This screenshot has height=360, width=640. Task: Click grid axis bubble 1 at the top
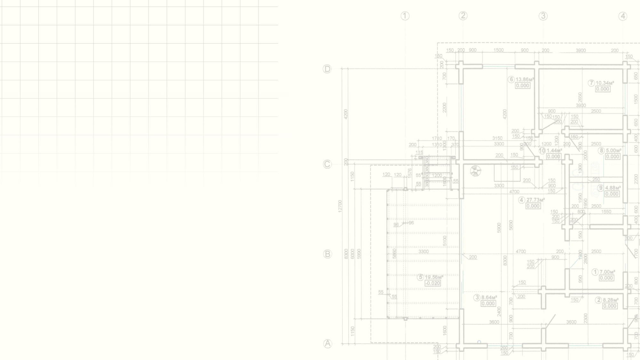[x=405, y=16]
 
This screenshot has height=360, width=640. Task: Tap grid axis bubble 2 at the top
[x=463, y=16]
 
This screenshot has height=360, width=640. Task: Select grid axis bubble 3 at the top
[x=543, y=16]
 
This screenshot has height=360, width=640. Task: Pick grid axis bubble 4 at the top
[x=623, y=16]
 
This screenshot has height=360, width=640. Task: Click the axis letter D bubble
[x=327, y=69]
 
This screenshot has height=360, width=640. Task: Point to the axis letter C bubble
[x=327, y=164]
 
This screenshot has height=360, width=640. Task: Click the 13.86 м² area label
[x=524, y=79]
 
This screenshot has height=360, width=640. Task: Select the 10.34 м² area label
[x=604, y=83]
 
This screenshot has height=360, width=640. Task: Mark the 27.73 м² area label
[x=535, y=200]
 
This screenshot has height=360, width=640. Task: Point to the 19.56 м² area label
[x=434, y=277]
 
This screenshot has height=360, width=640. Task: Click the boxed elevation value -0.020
[x=433, y=283]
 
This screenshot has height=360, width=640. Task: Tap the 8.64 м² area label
[x=489, y=298]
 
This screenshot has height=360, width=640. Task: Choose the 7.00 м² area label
[x=607, y=272]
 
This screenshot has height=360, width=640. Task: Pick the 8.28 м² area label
[x=611, y=300]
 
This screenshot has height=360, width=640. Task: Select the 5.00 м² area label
[x=613, y=150]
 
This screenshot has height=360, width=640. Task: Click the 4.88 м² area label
[x=613, y=188]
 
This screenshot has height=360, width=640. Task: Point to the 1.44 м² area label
[x=554, y=150]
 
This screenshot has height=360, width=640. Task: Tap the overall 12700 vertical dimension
[x=340, y=206]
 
